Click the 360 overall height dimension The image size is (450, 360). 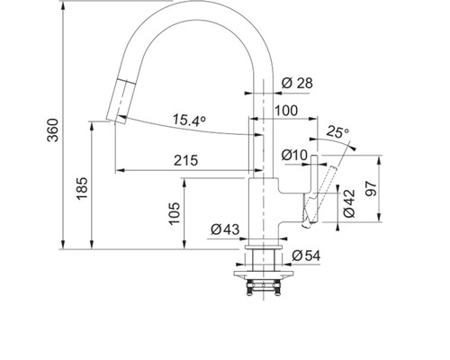[x=53, y=130]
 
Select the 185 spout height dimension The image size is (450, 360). [x=82, y=188]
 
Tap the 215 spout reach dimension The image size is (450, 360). [x=186, y=160]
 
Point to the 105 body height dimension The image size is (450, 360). [x=174, y=213]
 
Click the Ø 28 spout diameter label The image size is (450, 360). [x=297, y=83]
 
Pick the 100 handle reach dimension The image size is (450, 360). [x=286, y=111]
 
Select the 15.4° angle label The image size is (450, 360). [x=189, y=120]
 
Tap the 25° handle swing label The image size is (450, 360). [x=337, y=131]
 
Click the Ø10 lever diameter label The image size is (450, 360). [x=294, y=155]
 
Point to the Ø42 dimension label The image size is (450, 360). [x=349, y=203]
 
